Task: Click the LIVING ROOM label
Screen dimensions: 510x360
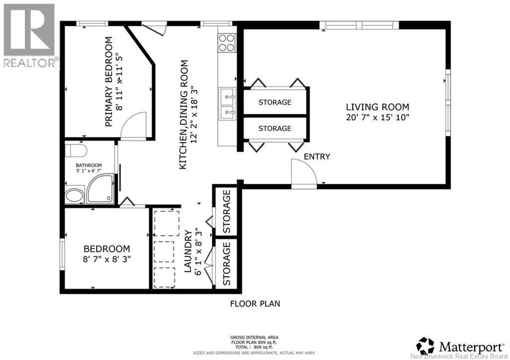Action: (x=378, y=107)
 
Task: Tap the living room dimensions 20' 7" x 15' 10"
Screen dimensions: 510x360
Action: (x=378, y=117)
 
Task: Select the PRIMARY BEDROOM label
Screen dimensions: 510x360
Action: (x=109, y=82)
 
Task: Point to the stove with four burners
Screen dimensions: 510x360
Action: (x=227, y=43)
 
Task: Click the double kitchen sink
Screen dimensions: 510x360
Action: (x=227, y=104)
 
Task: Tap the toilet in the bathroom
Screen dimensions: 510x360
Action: (x=76, y=150)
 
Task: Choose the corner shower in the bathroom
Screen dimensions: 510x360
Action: (x=100, y=189)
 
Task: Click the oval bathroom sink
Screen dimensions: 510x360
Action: (x=75, y=196)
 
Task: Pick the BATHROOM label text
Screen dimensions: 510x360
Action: (x=89, y=165)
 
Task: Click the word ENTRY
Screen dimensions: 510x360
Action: (x=317, y=157)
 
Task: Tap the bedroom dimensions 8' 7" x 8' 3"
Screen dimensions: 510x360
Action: (x=107, y=259)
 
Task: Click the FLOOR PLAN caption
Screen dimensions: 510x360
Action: (x=255, y=304)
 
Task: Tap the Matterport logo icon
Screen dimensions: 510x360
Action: (x=425, y=346)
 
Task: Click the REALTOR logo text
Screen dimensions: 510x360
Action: (x=29, y=62)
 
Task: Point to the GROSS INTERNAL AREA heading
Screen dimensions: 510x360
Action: (x=254, y=337)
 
